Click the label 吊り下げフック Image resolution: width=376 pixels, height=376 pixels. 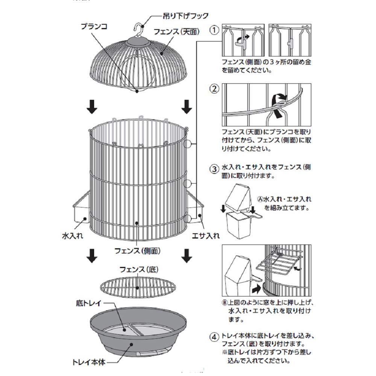click(x=186, y=16)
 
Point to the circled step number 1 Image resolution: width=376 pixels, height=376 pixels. click(x=214, y=30)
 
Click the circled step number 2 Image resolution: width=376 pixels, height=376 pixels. click(x=214, y=89)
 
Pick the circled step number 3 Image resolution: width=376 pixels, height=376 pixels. click(x=214, y=169)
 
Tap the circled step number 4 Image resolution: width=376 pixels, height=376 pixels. click(x=214, y=337)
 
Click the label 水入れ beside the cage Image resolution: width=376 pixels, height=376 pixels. click(x=73, y=236)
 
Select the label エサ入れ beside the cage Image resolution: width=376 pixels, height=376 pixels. click(x=206, y=236)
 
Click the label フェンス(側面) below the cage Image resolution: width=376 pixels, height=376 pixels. click(x=137, y=251)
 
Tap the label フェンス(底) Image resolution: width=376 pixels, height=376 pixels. click(x=139, y=270)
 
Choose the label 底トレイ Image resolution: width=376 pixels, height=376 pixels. click(x=89, y=303)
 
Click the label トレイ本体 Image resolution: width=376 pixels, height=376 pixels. click(x=89, y=362)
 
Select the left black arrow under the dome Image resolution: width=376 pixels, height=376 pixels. click(x=92, y=106)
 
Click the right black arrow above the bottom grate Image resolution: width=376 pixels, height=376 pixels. click(x=186, y=256)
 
